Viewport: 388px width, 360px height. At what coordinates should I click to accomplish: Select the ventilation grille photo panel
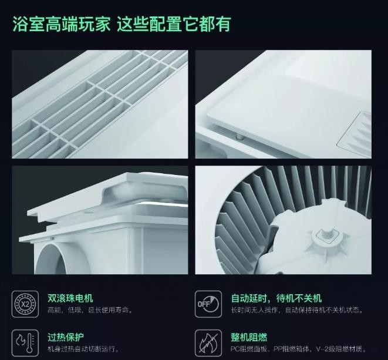tap(99, 105)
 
